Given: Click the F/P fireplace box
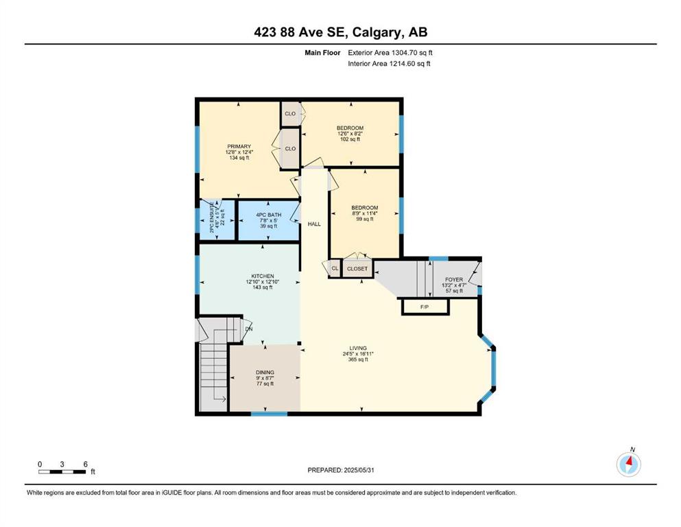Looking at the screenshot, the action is point(425,307).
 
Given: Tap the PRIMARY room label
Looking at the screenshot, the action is point(239,146).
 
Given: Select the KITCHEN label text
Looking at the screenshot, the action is point(263,276).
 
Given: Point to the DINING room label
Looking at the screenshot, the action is point(265,373).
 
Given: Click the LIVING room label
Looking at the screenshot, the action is point(358,348).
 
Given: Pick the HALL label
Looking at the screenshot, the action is point(314,224).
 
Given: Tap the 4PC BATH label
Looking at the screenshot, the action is point(268,215).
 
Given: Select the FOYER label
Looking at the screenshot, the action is point(454,279).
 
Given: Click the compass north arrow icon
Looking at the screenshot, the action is point(628,463).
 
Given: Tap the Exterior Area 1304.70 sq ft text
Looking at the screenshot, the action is point(390,53).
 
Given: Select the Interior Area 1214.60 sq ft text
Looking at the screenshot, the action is point(389,63).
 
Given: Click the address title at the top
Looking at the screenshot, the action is point(340,32).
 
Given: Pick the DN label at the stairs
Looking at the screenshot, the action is point(248,329).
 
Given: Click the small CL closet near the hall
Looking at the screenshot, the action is point(335,268).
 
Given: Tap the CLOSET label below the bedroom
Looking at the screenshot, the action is point(357,268).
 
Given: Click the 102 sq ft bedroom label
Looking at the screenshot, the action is point(350,139).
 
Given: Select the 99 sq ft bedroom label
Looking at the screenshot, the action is point(365,219).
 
